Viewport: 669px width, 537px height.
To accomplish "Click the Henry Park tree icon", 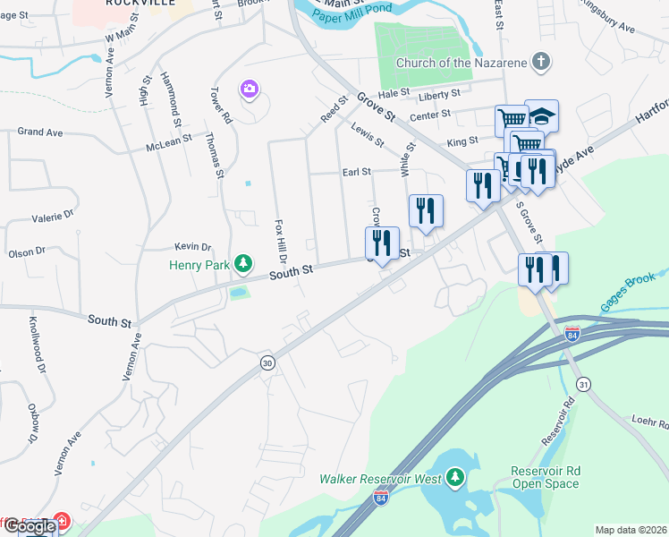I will click(x=242, y=263).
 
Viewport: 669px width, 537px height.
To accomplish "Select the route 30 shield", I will click(x=267, y=362).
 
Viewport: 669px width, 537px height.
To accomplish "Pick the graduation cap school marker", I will click(x=541, y=115).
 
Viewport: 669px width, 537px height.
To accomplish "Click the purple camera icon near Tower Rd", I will click(x=249, y=89).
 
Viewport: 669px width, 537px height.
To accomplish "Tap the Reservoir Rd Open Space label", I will click(x=545, y=477).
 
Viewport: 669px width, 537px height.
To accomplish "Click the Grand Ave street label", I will click(x=40, y=132).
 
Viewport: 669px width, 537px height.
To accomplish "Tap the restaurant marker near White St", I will click(x=426, y=210).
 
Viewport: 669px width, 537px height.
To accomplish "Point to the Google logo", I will click(x=29, y=526).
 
